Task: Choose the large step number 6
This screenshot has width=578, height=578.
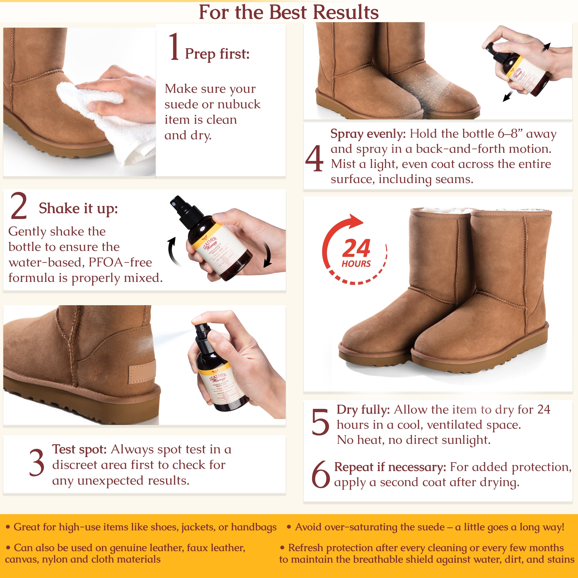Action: (320, 474)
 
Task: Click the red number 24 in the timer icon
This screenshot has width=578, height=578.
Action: (356, 248)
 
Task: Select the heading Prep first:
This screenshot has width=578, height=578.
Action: (217, 54)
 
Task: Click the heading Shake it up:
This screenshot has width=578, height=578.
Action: (78, 208)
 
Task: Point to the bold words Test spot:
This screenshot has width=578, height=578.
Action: (79, 449)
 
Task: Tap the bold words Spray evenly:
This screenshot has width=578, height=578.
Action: (368, 134)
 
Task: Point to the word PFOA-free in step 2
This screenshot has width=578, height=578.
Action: (120, 262)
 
